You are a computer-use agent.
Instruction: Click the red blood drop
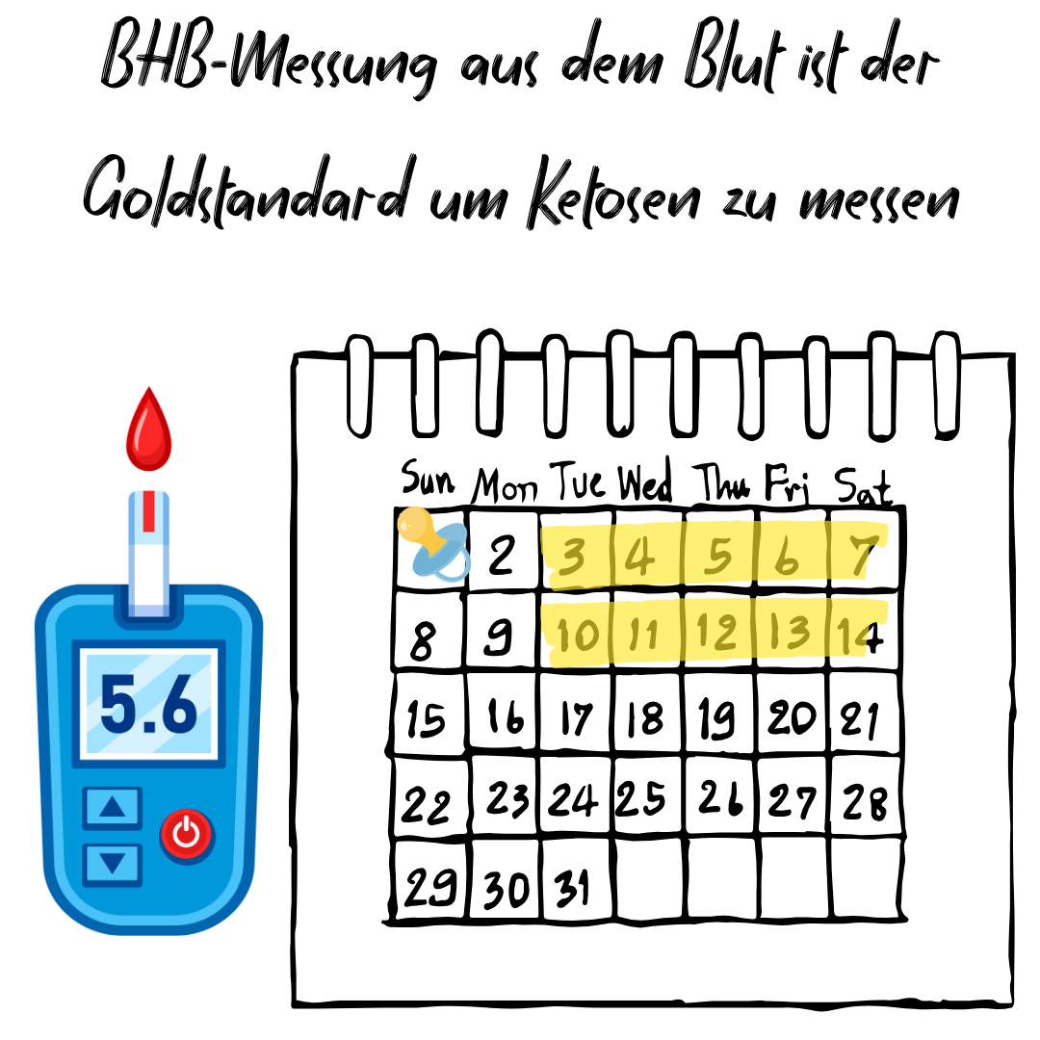click(x=148, y=431)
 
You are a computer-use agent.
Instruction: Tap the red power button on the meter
click(x=187, y=834)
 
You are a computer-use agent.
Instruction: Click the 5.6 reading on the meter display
click(x=149, y=704)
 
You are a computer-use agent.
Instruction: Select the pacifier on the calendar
click(x=433, y=544)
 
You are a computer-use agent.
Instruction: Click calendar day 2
click(x=502, y=555)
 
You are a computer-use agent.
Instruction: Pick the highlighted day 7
click(x=862, y=555)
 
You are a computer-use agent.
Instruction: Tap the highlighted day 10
click(x=578, y=635)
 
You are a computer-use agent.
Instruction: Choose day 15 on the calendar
click(x=426, y=718)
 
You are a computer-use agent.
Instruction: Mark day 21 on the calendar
click(x=860, y=720)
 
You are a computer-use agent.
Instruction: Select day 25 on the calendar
click(x=640, y=798)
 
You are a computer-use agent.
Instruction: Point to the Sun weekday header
click(x=428, y=479)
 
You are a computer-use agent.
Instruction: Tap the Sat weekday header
click(x=862, y=487)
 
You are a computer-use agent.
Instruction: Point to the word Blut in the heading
click(x=734, y=56)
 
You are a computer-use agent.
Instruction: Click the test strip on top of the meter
click(x=148, y=554)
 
